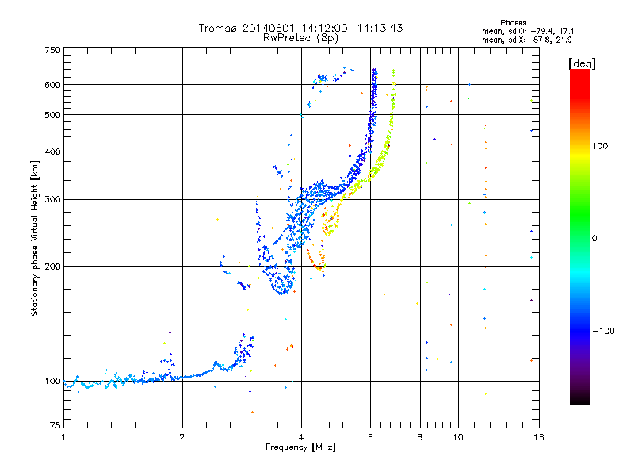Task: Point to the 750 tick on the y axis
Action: point(52,50)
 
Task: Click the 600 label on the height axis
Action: point(52,84)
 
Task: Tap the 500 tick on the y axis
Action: point(52,115)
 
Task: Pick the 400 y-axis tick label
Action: point(52,152)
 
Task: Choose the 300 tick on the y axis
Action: point(52,199)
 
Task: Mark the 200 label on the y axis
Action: point(52,267)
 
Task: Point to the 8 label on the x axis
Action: point(420,437)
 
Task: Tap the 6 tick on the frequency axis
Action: point(371,437)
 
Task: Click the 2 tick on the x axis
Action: point(182,437)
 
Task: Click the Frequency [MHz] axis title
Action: point(302,447)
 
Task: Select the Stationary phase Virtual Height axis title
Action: point(35,238)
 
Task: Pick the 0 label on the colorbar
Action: point(594,238)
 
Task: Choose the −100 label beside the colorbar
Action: point(604,330)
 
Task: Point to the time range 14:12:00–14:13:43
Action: point(348,28)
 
